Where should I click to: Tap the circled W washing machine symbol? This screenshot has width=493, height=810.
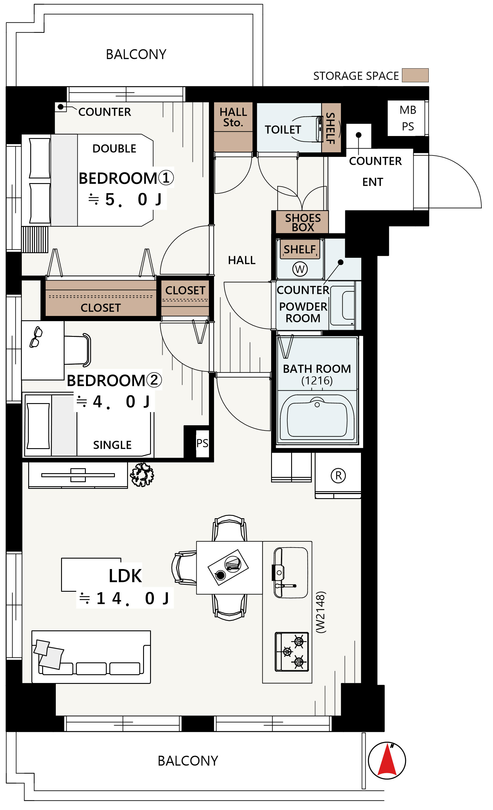300,269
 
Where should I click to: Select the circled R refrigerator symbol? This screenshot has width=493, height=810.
338,475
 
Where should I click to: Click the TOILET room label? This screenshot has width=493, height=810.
283,130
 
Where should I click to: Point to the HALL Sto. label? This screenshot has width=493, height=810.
233,117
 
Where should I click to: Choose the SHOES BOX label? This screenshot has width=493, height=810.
303,223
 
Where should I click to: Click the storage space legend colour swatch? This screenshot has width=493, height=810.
415,75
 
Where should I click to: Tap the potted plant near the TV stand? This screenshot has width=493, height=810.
142,474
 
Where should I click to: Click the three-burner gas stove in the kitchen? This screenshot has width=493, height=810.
292,651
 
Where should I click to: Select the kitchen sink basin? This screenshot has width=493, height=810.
291,572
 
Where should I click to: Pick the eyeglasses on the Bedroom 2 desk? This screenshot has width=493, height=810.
36,337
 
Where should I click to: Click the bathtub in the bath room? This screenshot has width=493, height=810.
317,417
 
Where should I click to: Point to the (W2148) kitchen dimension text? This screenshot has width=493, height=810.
320,612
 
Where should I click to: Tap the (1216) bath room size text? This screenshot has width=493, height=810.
317,381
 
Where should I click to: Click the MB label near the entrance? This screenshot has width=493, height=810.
408,110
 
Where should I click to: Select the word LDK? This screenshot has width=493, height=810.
125,576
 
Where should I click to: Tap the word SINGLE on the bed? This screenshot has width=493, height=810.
112,445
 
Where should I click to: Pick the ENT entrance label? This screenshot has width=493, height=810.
373,182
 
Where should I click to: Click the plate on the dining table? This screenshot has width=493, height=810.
233,564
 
